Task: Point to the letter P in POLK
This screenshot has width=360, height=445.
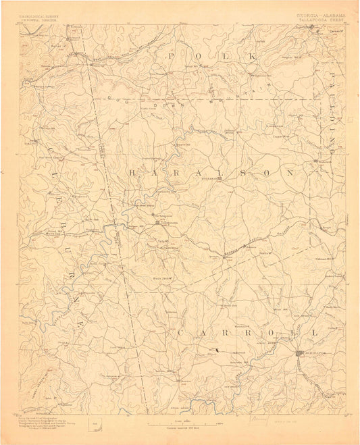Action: [x=171, y=56]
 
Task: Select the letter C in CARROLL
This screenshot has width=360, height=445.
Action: [x=182, y=334]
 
